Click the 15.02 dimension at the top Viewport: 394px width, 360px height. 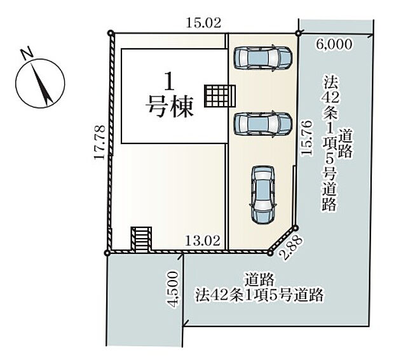click(x=203, y=23)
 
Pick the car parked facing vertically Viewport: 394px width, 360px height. click(x=262, y=194)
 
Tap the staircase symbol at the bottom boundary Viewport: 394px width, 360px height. click(x=142, y=240)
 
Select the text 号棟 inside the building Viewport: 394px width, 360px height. click(x=169, y=108)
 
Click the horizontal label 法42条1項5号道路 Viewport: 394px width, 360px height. click(x=259, y=295)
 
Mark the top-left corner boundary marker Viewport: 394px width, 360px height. click(x=111, y=33)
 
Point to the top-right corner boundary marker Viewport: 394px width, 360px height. click(x=297, y=33)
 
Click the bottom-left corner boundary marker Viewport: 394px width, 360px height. click(x=107, y=253)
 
